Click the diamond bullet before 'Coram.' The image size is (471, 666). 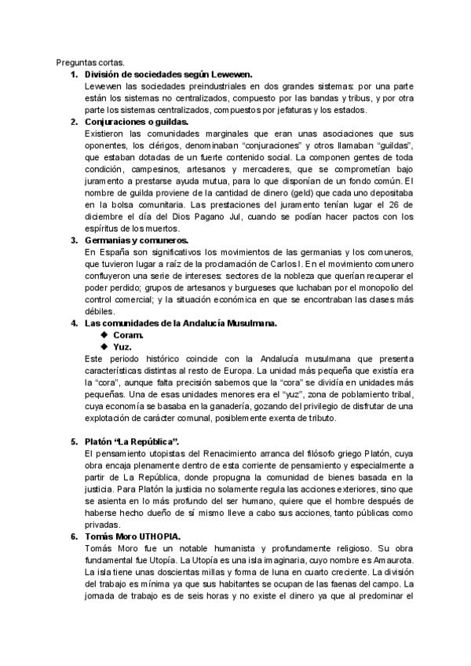point(104,335)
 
